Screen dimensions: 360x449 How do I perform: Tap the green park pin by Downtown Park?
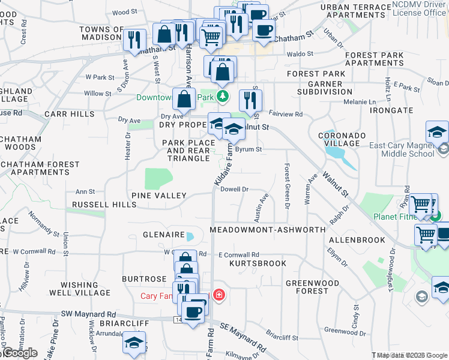tap(223, 96)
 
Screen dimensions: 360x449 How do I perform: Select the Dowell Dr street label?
tap(235, 189)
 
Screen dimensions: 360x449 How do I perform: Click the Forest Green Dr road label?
tap(288, 187)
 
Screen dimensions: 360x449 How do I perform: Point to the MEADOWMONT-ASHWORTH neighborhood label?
tap(268, 230)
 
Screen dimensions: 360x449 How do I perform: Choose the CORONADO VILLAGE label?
tap(342, 140)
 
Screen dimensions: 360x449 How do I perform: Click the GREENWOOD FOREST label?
tap(307, 287)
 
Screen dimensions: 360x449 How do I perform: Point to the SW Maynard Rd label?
tap(88, 314)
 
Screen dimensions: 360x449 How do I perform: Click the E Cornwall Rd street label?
tap(238, 254)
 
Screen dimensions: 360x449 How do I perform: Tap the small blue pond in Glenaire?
tap(190, 236)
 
